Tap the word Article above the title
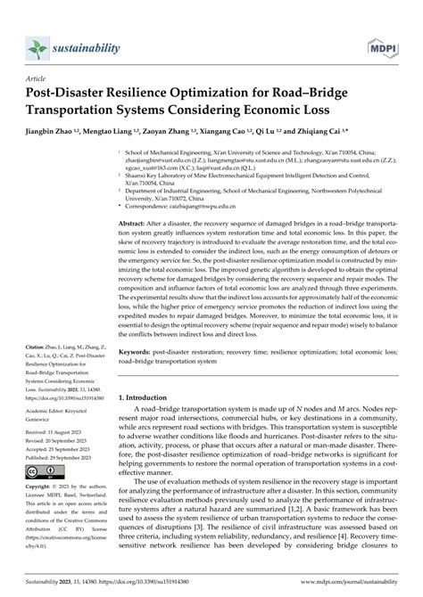point(41,78)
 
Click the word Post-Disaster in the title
point(70,93)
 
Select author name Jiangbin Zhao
point(58,129)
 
